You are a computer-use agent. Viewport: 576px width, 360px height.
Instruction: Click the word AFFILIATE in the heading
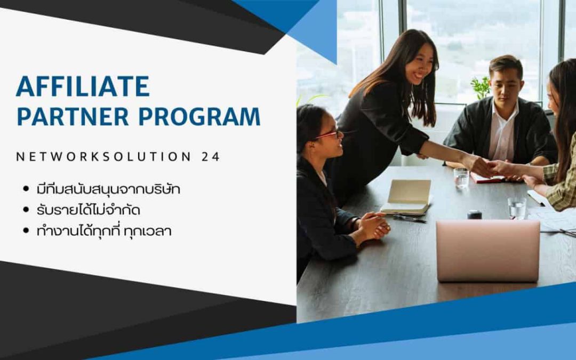point(83,86)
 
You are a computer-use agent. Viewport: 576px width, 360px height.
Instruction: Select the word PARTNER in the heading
point(73,116)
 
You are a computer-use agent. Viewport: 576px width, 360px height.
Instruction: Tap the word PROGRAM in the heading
point(199,116)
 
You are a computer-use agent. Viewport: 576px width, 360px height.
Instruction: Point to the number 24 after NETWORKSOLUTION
point(211,157)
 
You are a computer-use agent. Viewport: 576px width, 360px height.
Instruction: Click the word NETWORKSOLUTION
point(103,157)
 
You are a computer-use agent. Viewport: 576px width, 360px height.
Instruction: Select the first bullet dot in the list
point(26,189)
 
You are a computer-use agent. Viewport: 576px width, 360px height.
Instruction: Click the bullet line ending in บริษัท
point(108,189)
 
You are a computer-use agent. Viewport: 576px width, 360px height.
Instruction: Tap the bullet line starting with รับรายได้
point(88,210)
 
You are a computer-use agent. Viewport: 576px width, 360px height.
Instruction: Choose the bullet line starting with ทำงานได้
point(104,231)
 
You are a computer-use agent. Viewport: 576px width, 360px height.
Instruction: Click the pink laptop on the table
point(488,251)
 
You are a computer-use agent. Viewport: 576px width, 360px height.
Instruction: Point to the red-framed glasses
point(327,134)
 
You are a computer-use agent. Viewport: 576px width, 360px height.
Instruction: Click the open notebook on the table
point(406,197)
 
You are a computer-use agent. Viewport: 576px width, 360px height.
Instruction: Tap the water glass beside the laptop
point(517,208)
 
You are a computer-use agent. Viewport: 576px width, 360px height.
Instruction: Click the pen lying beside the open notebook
point(409,219)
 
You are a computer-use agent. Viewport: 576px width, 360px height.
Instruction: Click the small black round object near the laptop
point(475,214)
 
